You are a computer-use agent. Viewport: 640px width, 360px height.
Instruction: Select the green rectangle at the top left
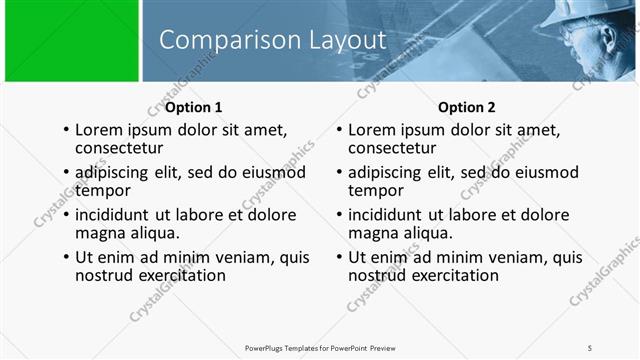[71, 42]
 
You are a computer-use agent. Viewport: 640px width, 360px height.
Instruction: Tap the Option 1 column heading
[194, 107]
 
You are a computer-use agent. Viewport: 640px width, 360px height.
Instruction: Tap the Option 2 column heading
[466, 107]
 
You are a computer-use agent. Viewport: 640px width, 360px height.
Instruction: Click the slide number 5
[590, 348]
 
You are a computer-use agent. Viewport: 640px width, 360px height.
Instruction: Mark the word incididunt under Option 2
[393, 215]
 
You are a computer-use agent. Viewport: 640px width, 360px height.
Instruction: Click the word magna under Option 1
[100, 233]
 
